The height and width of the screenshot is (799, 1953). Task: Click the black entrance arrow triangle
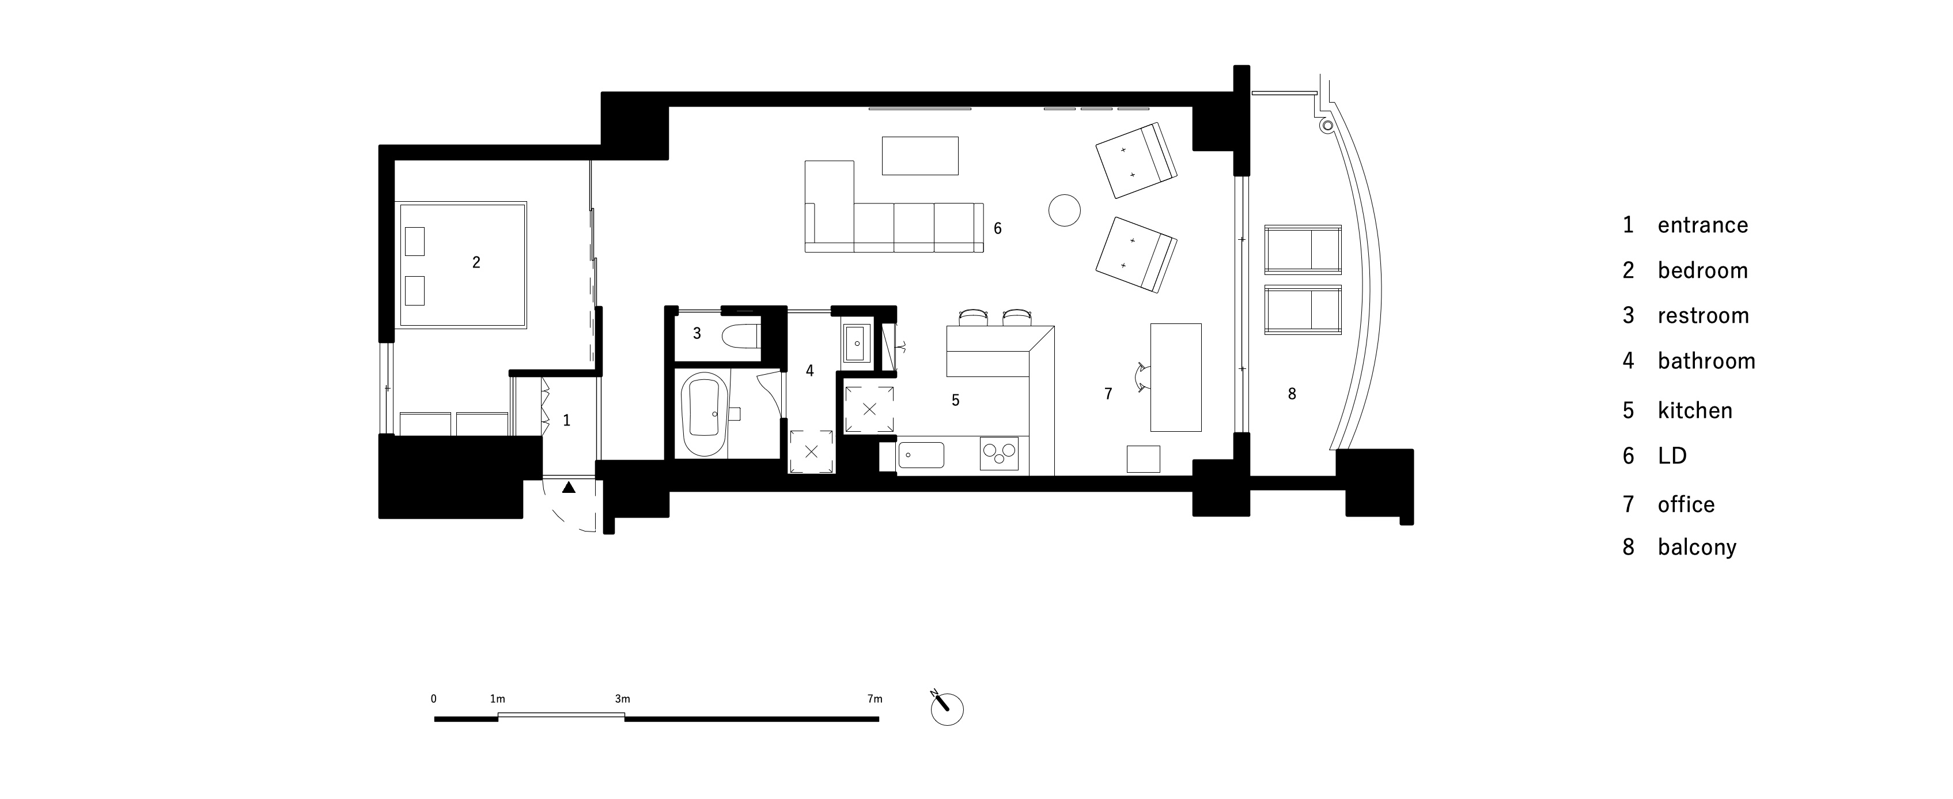569,488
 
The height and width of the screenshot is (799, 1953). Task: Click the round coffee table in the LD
1065,210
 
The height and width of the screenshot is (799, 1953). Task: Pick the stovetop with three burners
999,454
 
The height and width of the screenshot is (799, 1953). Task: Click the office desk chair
1141,376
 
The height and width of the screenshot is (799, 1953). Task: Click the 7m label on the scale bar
875,699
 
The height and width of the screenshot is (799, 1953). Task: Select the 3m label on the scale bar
622,699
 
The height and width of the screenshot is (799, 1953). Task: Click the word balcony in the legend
1697,547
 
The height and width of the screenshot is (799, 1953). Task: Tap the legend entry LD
1672,456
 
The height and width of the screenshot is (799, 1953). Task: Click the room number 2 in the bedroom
476,262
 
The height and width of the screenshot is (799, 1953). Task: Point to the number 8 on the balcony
1292,394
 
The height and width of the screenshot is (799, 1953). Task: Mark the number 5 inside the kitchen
955,400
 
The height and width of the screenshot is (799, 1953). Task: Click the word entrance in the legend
1703,225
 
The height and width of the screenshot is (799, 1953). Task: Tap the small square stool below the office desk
1144,459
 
